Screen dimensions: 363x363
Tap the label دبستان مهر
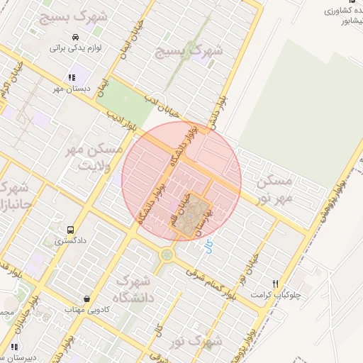pyautogui.click(x=69, y=89)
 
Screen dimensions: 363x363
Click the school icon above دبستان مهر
pyautogui.click(x=71, y=78)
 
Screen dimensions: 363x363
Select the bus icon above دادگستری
pyautogui.click(x=70, y=230)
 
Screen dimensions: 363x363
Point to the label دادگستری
pyautogui.click(x=70, y=241)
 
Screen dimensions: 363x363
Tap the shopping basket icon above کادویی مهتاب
pyautogui.click(x=86, y=299)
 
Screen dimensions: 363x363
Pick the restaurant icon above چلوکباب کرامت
pyautogui.click(x=276, y=282)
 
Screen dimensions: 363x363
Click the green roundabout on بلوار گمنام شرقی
pyautogui.click(x=167, y=253)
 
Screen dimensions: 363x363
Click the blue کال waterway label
pyautogui.click(x=208, y=247)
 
